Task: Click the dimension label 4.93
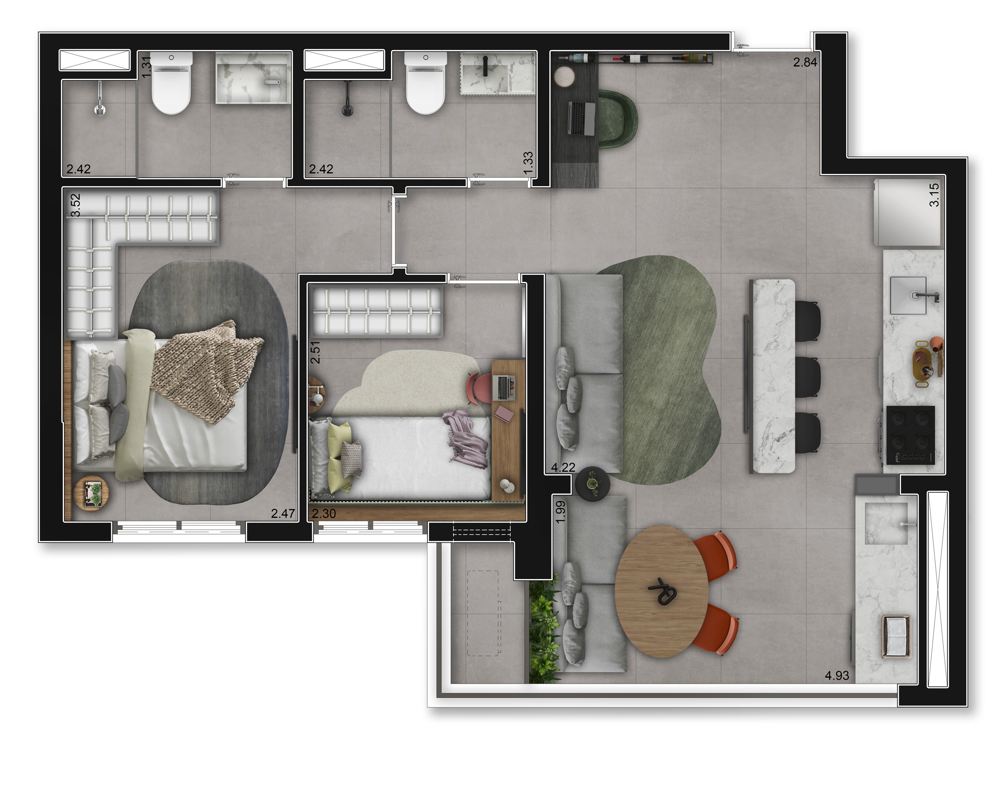click(837, 675)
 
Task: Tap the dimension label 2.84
click(805, 62)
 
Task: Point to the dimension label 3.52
click(75, 205)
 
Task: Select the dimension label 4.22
click(563, 467)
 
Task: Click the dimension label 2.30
click(324, 514)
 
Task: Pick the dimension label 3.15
click(934, 195)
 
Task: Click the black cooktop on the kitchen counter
click(911, 435)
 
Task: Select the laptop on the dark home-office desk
click(582, 119)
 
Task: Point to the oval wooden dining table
click(661, 591)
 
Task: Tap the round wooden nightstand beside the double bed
click(91, 493)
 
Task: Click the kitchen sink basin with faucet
click(908, 295)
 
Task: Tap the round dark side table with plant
click(592, 484)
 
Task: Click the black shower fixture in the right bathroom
click(347, 99)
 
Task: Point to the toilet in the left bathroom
click(172, 83)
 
